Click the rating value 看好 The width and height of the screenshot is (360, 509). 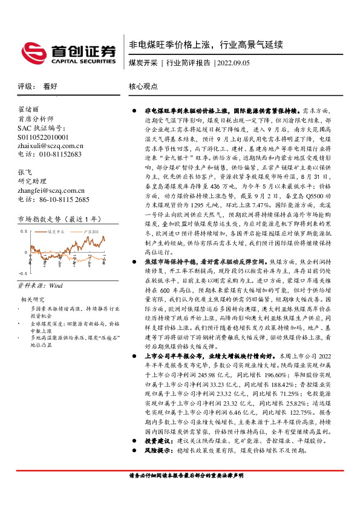50,86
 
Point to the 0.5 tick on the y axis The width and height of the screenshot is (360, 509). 24,232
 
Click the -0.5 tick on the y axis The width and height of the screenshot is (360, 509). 22,274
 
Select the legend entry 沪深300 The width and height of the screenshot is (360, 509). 90,231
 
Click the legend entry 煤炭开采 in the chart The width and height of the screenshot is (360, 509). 58,231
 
